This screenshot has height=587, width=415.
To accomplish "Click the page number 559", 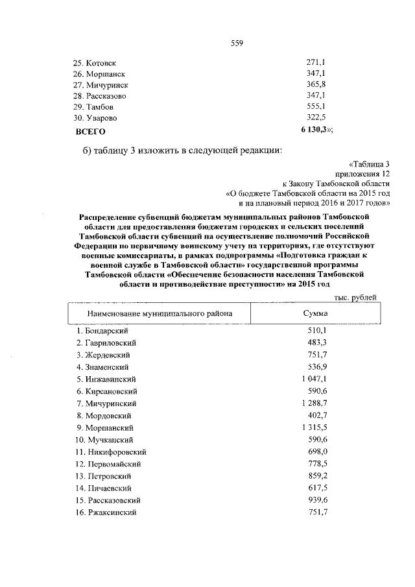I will (237, 43).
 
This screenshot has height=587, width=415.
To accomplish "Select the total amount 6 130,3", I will (314, 130).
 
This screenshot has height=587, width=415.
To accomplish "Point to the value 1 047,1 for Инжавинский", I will (313, 378).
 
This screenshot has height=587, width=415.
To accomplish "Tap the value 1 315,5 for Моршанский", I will (313, 427).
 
